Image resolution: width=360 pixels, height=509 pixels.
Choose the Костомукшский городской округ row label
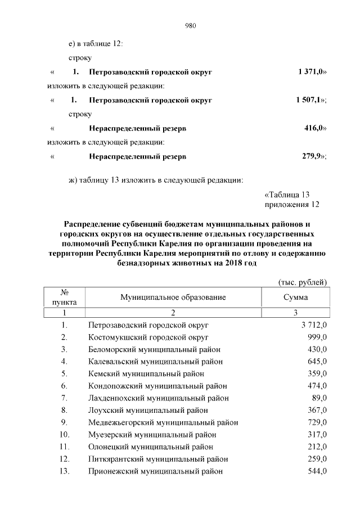click(x=148, y=337)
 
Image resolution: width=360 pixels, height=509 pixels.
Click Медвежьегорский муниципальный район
click(x=163, y=422)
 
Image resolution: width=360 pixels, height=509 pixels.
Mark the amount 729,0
click(x=317, y=422)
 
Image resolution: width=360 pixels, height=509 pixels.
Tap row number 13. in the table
click(x=64, y=471)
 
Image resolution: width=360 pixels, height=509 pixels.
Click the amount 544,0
click(x=317, y=471)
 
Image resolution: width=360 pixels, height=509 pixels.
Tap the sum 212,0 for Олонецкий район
click(x=317, y=447)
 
